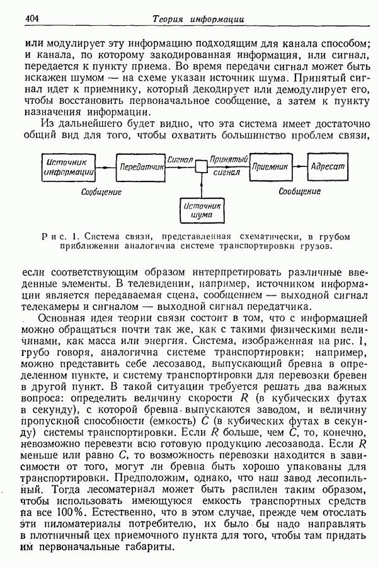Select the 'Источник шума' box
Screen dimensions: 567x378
click(x=201, y=210)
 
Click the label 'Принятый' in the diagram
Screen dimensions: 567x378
click(x=229, y=160)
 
